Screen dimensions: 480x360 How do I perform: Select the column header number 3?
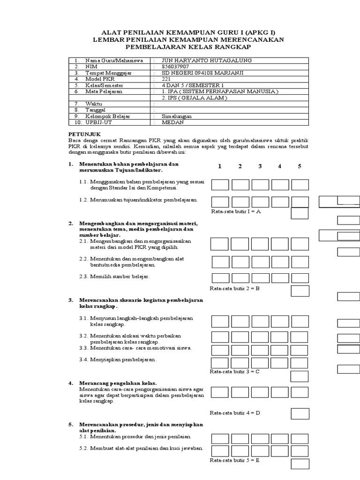pyautogui.click(x=260, y=166)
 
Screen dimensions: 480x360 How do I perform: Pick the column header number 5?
pyautogui.click(x=299, y=166)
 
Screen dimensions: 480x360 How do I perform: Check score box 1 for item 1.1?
pyautogui.click(x=220, y=184)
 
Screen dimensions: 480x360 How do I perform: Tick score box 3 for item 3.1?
pyautogui.click(x=260, y=321)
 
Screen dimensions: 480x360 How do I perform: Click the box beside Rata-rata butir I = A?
pyautogui.click(x=300, y=213)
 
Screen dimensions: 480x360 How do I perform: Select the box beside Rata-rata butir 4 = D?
pyautogui.click(x=300, y=413)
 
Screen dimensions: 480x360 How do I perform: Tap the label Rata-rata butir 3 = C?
pyautogui.click(x=234, y=371)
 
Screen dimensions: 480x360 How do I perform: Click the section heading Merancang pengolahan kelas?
pyautogui.click(x=118, y=383)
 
